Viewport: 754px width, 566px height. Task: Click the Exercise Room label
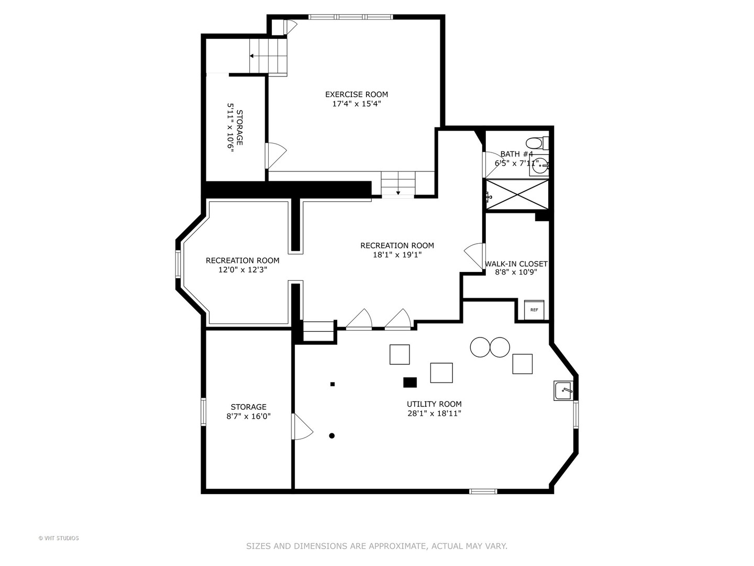(356, 94)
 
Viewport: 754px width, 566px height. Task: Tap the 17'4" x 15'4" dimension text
(357, 103)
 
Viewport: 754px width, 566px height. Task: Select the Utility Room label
(434, 404)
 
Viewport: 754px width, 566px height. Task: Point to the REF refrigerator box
(534, 310)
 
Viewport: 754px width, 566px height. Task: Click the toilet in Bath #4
(537, 143)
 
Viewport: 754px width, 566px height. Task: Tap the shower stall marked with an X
(517, 194)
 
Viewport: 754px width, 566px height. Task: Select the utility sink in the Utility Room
(563, 390)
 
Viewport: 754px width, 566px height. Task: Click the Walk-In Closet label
(516, 264)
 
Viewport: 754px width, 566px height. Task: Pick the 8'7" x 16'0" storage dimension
(248, 416)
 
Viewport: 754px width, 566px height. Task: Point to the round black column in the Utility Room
(332, 436)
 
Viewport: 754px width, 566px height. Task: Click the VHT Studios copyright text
(59, 538)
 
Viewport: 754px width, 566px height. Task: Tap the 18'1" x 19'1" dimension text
(397, 255)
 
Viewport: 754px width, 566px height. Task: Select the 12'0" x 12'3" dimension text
(242, 270)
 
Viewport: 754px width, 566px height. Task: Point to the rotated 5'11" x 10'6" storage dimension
(230, 127)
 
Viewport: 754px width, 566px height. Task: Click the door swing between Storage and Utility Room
(302, 427)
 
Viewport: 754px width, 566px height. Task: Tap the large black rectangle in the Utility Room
(410, 383)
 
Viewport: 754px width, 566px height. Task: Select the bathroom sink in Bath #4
(539, 167)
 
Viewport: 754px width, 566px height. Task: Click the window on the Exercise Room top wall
(350, 17)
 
